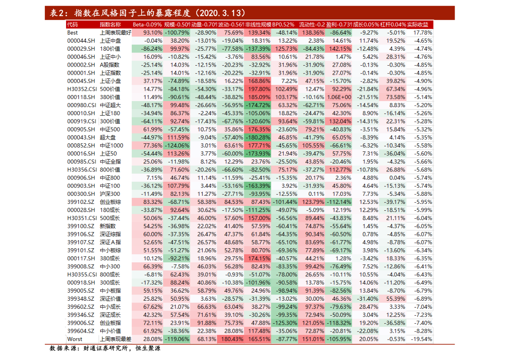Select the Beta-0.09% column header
[x=147, y=25]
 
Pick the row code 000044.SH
[x=81, y=41]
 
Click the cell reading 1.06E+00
[x=339, y=97]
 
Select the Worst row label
[x=75, y=339]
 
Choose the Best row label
[x=73, y=32]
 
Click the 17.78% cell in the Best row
[x=422, y=32]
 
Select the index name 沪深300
[x=110, y=194]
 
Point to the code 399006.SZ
[x=81, y=323]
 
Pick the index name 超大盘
[x=108, y=137]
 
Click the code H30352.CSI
[x=82, y=89]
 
